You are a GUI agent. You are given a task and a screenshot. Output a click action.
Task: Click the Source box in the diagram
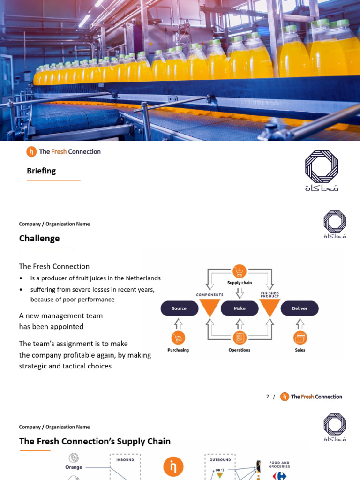tap(179, 308)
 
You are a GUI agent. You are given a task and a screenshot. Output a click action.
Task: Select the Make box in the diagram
tap(240, 308)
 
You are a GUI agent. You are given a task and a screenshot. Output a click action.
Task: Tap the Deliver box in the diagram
tap(300, 308)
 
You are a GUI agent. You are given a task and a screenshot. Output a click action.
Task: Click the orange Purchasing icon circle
tap(178, 337)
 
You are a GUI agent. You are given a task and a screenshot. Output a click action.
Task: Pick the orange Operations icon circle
tap(240, 337)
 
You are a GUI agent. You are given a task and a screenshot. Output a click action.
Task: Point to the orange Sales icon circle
tap(300, 337)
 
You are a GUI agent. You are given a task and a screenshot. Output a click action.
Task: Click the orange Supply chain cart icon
tap(240, 271)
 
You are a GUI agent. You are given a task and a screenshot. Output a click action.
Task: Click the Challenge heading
tap(39, 239)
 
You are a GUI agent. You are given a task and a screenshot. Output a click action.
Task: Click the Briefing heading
tap(41, 171)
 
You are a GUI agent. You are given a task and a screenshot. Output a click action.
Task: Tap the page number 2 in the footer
tap(268, 397)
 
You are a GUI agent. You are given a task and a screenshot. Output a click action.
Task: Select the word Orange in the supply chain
tap(74, 467)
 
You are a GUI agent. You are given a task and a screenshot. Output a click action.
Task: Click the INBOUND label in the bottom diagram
tap(125, 460)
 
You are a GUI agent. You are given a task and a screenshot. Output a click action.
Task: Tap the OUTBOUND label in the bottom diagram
tap(220, 460)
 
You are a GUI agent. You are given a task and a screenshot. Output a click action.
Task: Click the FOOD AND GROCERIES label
tap(279, 465)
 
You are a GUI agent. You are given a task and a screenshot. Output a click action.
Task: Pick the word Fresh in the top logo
tap(59, 151)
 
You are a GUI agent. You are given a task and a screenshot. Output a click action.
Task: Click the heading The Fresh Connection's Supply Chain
tap(95, 442)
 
